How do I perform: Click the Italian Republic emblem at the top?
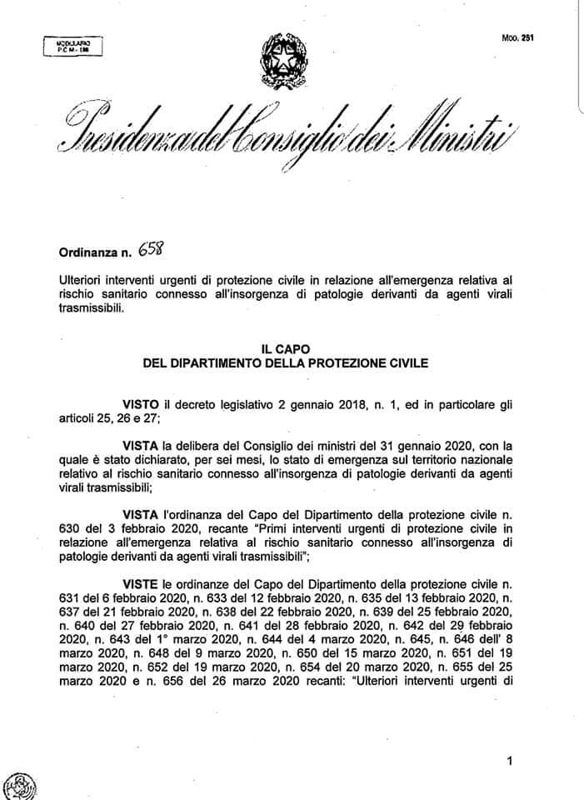pyautogui.click(x=283, y=58)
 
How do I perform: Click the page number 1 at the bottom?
pyautogui.click(x=508, y=760)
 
